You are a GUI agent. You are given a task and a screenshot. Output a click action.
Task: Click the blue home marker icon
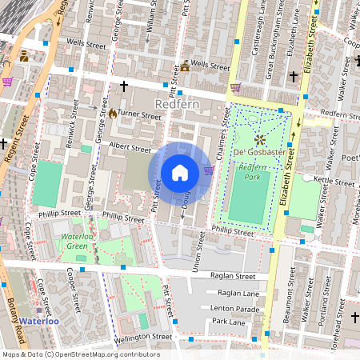[x=180, y=172]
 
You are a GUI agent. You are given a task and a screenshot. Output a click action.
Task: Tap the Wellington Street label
[x=144, y=337]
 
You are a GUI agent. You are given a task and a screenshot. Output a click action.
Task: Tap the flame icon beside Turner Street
[x=113, y=114]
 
